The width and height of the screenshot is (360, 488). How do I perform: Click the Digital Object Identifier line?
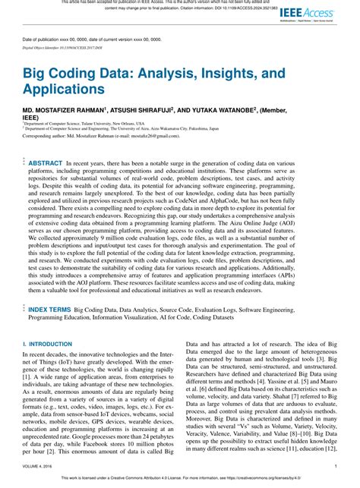(x=60, y=47)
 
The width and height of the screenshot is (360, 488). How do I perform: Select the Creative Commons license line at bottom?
(x=180, y=478)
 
